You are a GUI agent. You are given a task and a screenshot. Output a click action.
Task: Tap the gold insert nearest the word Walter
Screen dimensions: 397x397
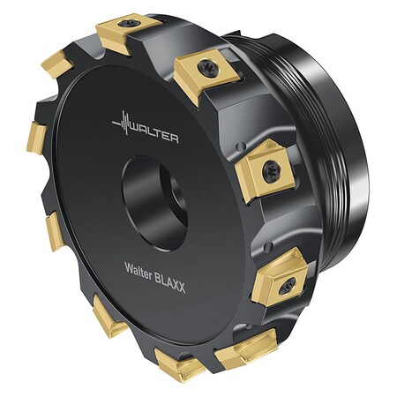(x=108, y=317)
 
